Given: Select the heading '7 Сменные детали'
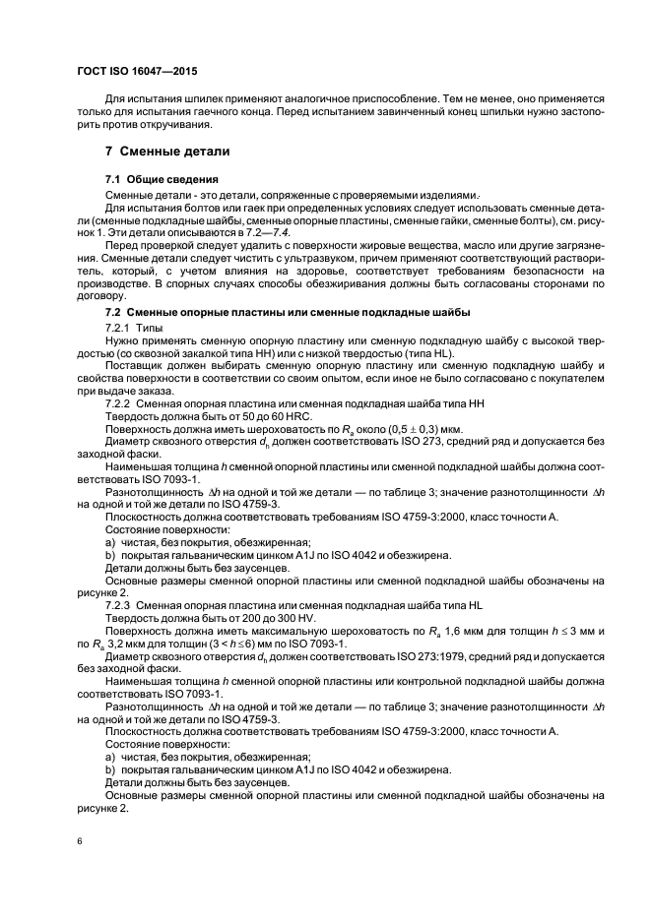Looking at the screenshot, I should tap(167, 153).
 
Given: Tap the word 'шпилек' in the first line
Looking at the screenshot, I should tap(203, 98).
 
